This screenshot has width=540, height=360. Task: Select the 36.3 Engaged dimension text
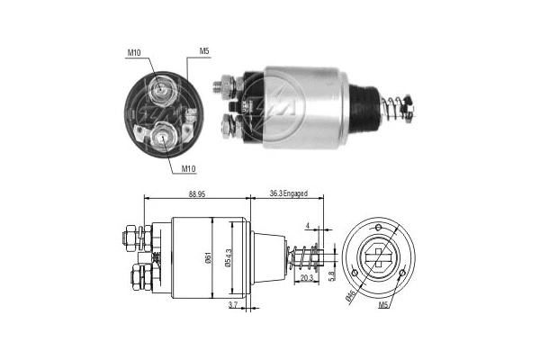pos(290,192)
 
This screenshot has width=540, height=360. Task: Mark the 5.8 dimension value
pos(333,274)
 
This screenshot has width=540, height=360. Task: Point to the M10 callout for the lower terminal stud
pos(189,168)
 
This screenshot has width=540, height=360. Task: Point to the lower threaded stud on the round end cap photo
pos(164,136)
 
